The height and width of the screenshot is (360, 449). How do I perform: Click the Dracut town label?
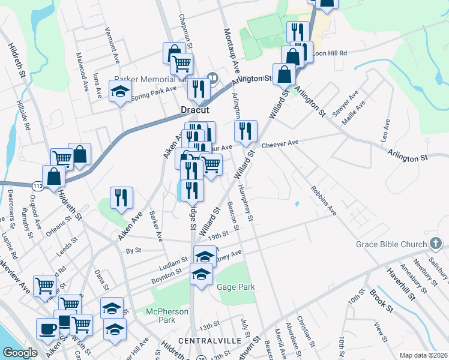pos(194,110)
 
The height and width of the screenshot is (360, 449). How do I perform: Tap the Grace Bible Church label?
pos(391,244)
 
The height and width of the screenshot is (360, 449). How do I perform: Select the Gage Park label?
pos(235,287)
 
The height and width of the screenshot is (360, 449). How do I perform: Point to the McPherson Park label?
pos(167,316)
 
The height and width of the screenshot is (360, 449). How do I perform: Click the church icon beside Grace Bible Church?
pos(436,244)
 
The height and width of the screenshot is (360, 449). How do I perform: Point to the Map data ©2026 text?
pos(423,355)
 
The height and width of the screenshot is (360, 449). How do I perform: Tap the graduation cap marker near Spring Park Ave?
pos(120,92)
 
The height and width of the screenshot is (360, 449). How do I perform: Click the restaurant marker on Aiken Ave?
pos(121,197)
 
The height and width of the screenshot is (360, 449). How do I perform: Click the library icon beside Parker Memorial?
pos(212,77)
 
